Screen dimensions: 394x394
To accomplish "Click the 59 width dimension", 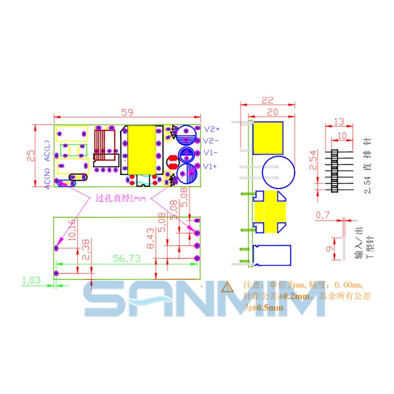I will pyautogui.click(x=127, y=112).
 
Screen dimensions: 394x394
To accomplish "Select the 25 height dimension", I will pyautogui.click(x=31, y=156).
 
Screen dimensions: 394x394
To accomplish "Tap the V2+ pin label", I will pyautogui.click(x=211, y=129).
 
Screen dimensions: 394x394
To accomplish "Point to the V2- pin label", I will pyautogui.click(x=211, y=140).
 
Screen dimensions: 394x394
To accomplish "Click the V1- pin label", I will pyautogui.click(x=211, y=153).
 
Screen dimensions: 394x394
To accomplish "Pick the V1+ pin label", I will pyautogui.click(x=211, y=166).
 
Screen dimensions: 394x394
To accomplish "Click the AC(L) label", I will pyautogui.click(x=47, y=151).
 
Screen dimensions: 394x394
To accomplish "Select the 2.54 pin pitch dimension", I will pyautogui.click(x=312, y=160).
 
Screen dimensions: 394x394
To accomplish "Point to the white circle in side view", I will pyautogui.click(x=278, y=173).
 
